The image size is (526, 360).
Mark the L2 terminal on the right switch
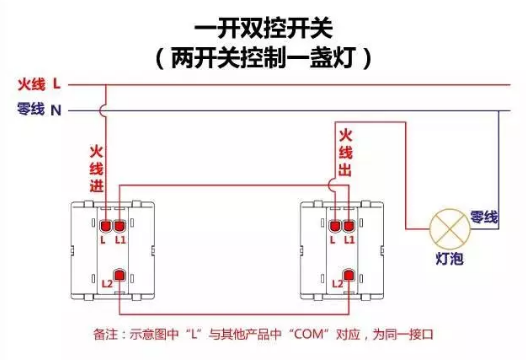[x=348, y=274]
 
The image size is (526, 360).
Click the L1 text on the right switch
[x=349, y=240]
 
